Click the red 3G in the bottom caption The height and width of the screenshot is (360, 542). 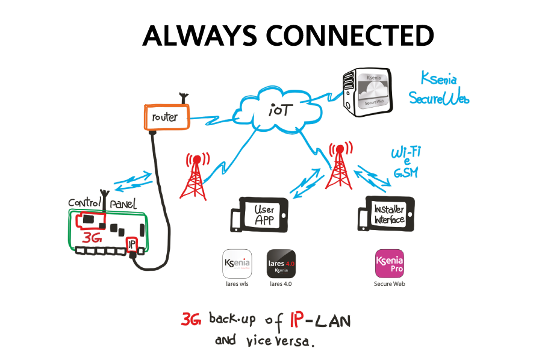click(x=192, y=320)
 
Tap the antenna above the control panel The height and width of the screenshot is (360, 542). click(x=104, y=197)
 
